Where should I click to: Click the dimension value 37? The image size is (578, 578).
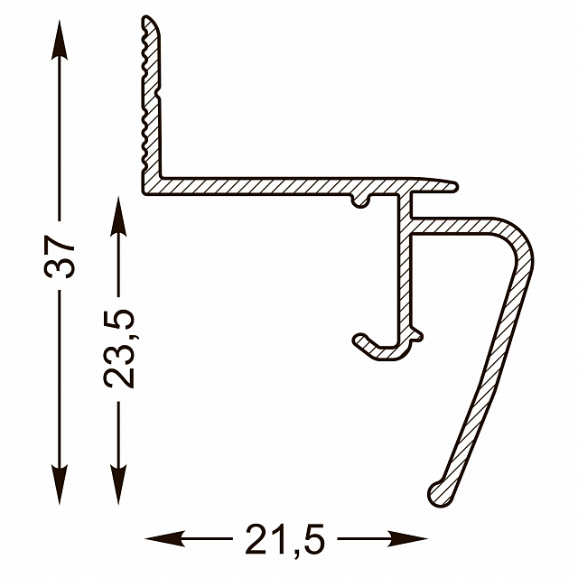tap(60, 256)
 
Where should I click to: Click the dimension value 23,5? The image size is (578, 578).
tap(118, 349)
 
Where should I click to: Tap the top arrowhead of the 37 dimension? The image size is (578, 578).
tap(60, 40)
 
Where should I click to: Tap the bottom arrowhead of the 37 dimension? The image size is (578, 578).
tap(60, 484)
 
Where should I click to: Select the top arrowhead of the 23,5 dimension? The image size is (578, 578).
tap(118, 216)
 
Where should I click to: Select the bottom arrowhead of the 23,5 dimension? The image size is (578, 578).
tap(118, 484)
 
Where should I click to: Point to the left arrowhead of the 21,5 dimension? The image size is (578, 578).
tap(164, 538)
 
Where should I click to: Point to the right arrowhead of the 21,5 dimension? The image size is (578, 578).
tap(407, 538)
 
